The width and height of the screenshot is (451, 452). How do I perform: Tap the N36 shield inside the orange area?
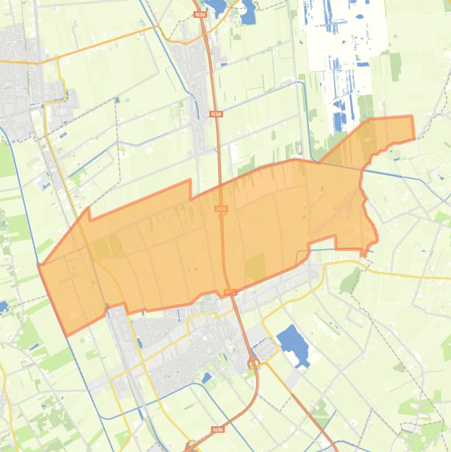[x=221, y=208]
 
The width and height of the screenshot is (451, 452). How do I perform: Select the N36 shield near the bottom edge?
[x=218, y=429]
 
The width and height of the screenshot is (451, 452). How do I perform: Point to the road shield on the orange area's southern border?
[x=230, y=292]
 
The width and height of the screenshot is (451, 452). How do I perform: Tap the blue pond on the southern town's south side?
[x=206, y=378]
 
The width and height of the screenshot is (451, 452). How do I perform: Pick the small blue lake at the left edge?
[x=3, y=306]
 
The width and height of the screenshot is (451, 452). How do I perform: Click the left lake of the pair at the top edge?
[x=216, y=7]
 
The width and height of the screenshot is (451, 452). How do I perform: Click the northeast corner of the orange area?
[x=412, y=117]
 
